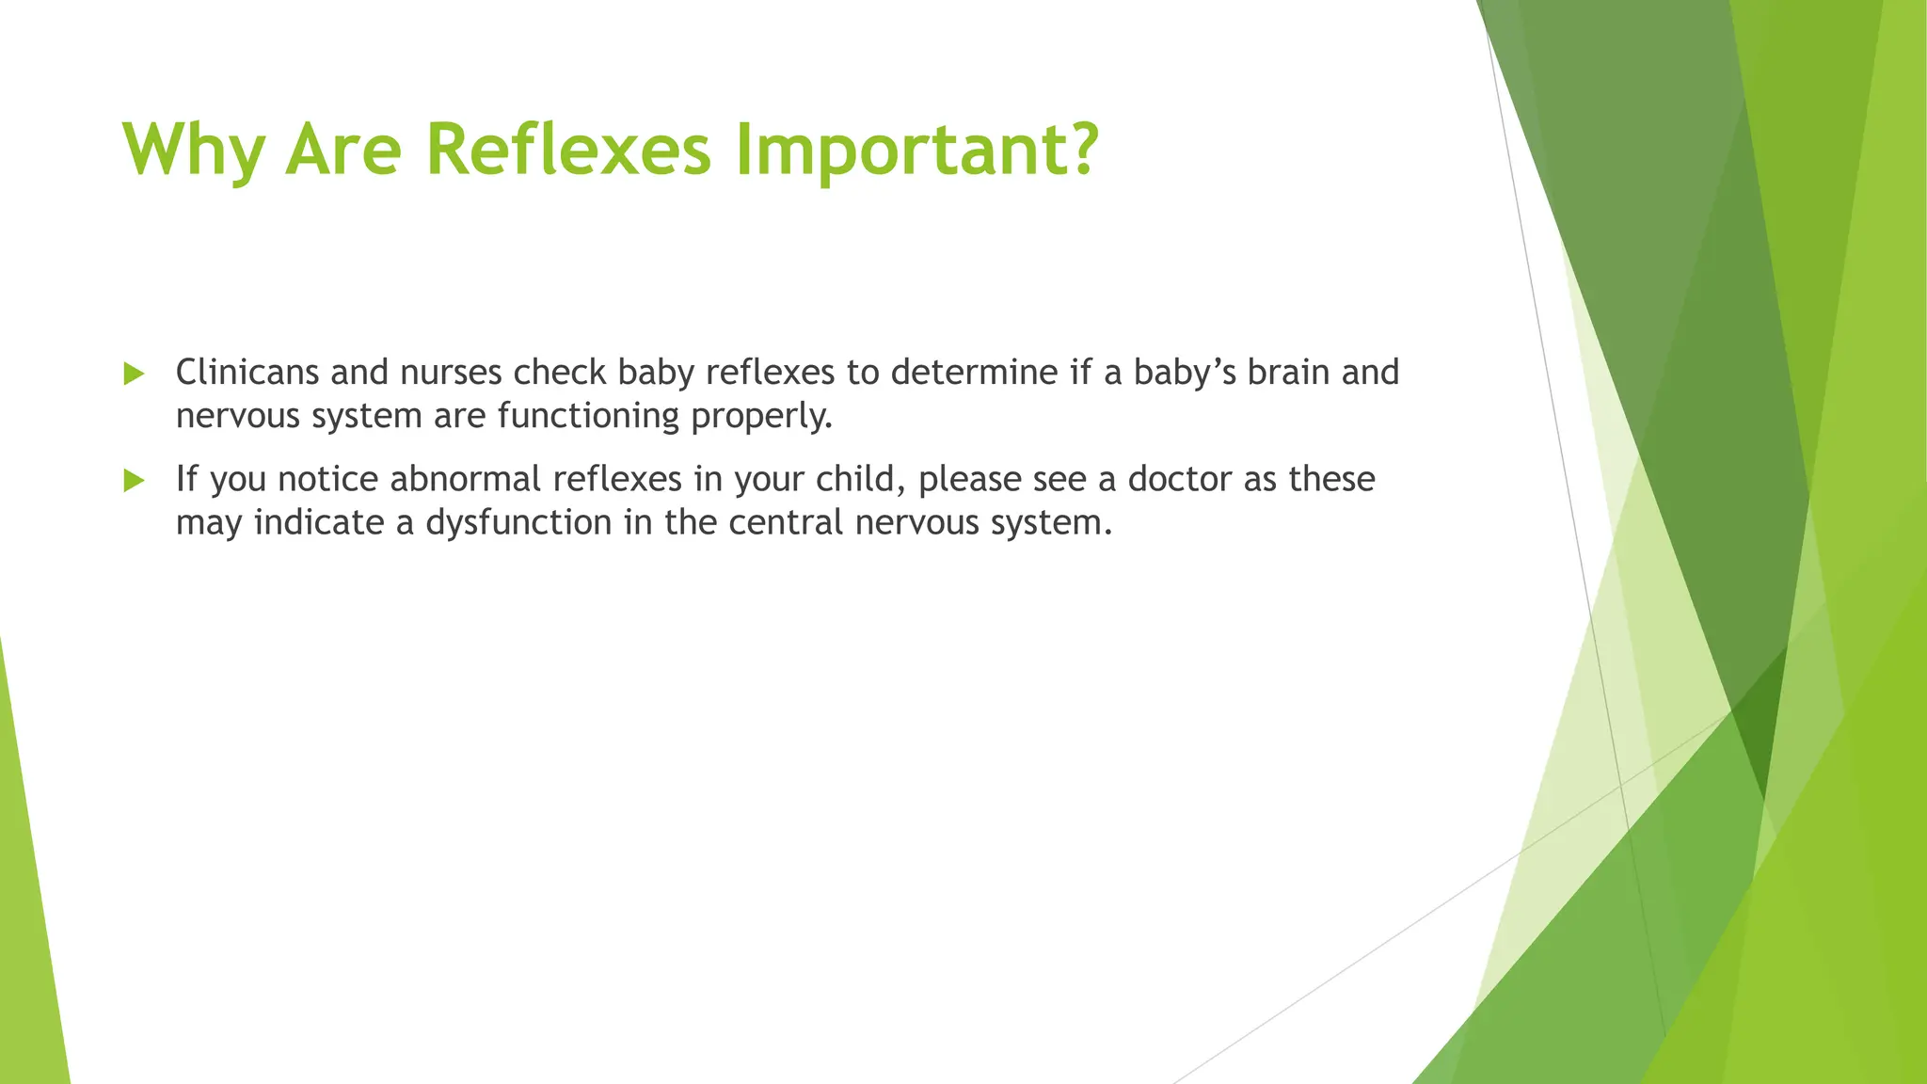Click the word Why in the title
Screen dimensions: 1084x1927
click(193, 151)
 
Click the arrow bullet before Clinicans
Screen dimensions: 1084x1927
click(134, 375)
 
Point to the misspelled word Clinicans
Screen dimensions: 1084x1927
click(247, 373)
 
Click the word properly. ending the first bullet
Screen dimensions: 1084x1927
click(762, 416)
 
